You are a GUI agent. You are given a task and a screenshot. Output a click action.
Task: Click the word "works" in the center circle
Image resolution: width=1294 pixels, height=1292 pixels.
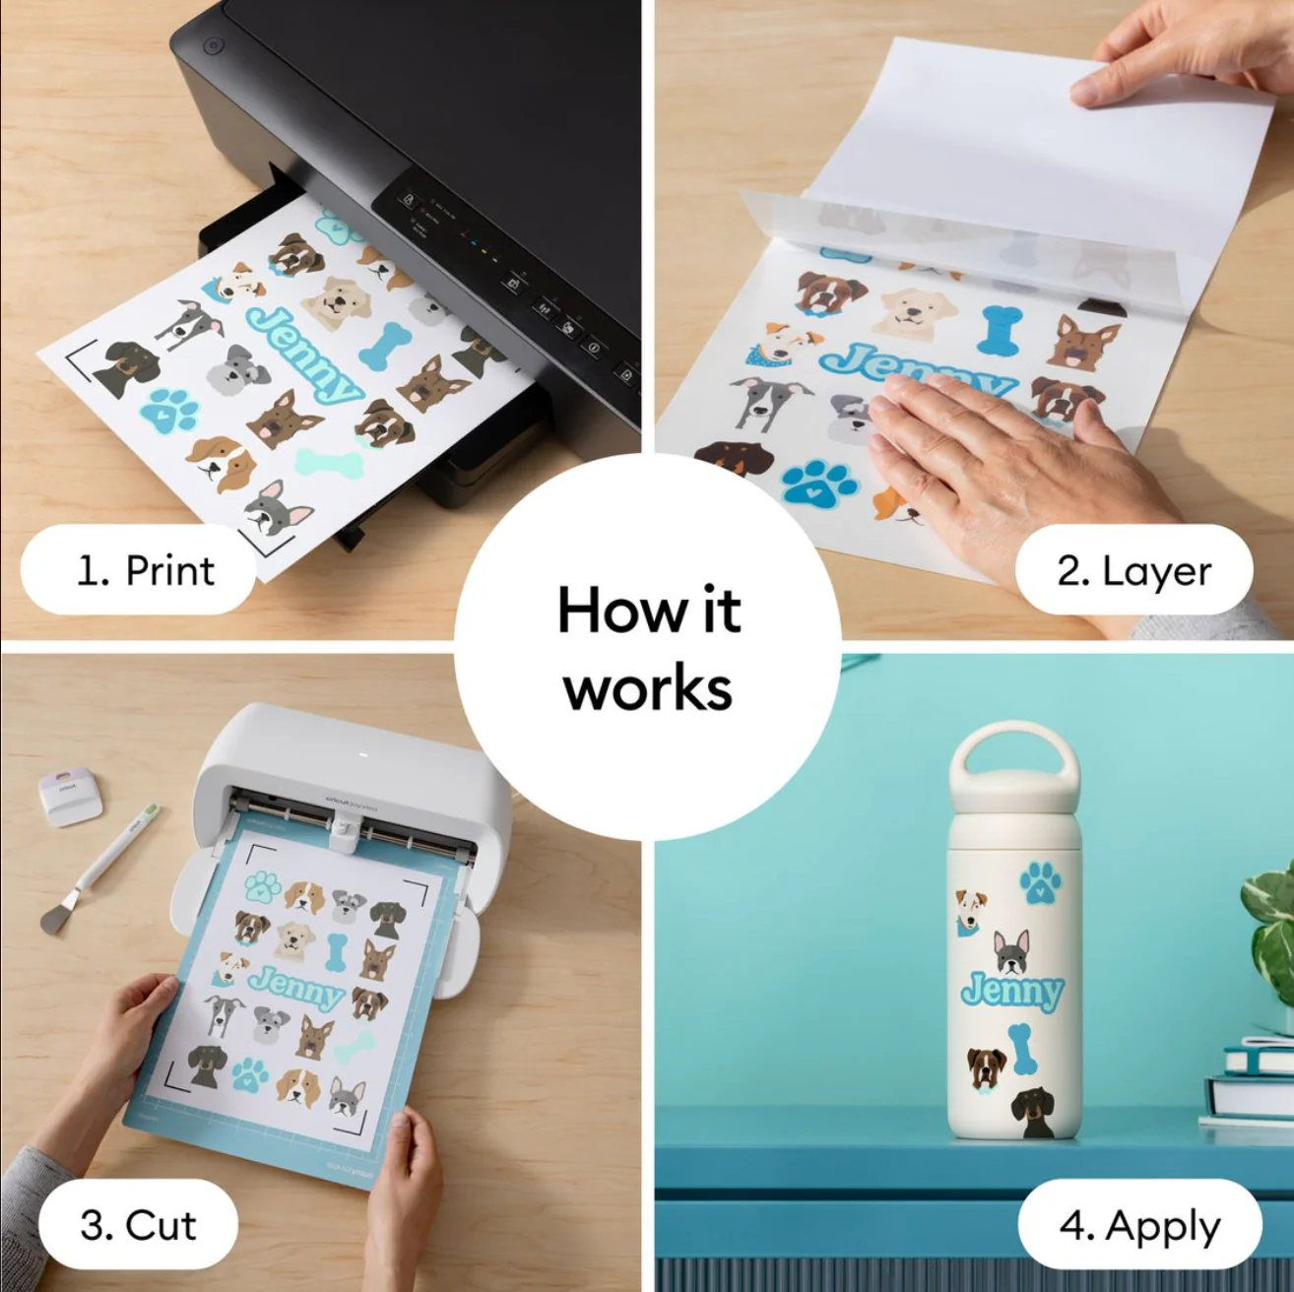coord(648,689)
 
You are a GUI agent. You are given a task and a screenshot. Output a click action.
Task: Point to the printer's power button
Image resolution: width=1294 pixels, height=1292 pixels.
coord(212,46)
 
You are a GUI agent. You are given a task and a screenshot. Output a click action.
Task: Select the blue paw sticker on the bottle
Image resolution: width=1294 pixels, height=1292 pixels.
coord(1040,881)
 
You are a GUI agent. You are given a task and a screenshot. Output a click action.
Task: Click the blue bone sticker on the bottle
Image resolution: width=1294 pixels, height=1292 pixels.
coord(1020,1049)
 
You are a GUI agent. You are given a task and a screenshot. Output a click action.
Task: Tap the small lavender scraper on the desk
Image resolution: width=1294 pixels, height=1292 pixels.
coord(70,797)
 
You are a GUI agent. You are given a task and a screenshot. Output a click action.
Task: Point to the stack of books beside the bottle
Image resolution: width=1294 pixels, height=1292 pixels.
coord(1247,1084)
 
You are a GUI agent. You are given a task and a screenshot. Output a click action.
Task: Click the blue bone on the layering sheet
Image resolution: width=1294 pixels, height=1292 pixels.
coord(999,329)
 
